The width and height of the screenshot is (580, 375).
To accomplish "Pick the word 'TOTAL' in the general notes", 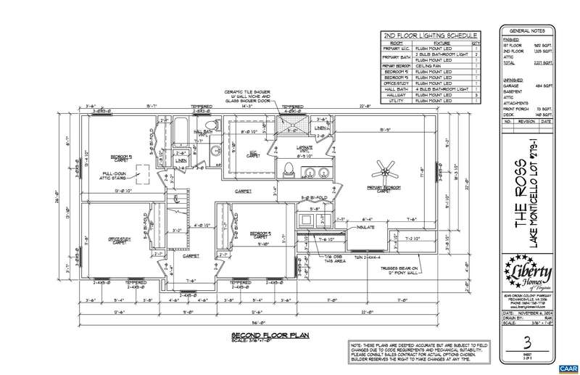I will tap(513, 64).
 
